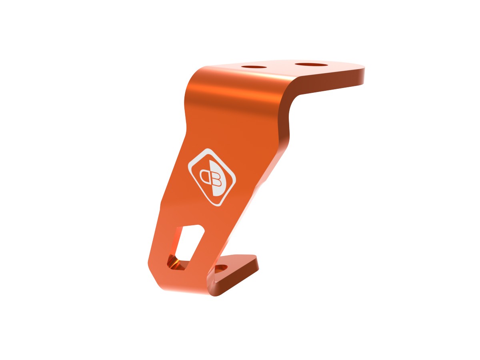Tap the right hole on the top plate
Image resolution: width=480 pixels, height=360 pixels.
point(310,64)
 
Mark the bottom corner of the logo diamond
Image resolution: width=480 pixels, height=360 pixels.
point(218,206)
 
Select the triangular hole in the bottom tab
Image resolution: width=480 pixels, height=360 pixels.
point(221,269)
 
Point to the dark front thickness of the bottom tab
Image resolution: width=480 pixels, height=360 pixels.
point(236,282)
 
